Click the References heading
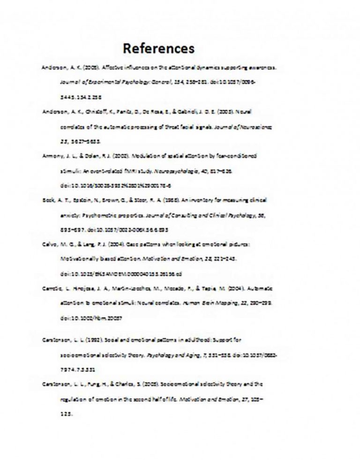(158, 48)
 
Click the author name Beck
(47, 200)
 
